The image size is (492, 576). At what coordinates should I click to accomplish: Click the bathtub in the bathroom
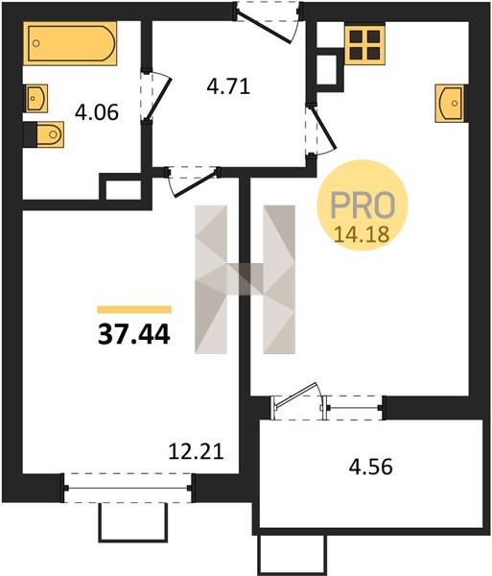point(70,43)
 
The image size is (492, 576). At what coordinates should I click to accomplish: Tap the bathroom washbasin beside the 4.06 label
point(36,98)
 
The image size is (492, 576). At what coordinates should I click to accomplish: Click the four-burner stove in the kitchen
point(364,45)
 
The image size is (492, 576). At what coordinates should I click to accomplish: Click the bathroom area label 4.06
point(97,112)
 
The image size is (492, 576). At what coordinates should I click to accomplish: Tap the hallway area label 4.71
point(228,87)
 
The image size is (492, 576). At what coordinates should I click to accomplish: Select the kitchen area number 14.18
point(362,234)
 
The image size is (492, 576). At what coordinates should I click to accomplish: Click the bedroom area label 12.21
point(196,451)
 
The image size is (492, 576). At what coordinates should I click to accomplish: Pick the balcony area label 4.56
point(370,468)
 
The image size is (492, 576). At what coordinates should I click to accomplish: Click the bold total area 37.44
point(134,335)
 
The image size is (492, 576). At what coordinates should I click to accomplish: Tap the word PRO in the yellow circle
point(363,204)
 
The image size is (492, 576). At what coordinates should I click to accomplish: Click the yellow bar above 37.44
point(134,310)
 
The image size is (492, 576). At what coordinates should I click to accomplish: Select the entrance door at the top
point(269,22)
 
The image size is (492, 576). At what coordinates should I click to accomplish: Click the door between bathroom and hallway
point(155,95)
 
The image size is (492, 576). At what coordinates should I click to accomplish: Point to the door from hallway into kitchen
point(320,130)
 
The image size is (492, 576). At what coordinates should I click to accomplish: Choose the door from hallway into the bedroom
point(192,181)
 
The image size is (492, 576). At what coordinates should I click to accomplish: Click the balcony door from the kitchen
point(298,401)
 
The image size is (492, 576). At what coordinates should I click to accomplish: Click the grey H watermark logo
point(245,279)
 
